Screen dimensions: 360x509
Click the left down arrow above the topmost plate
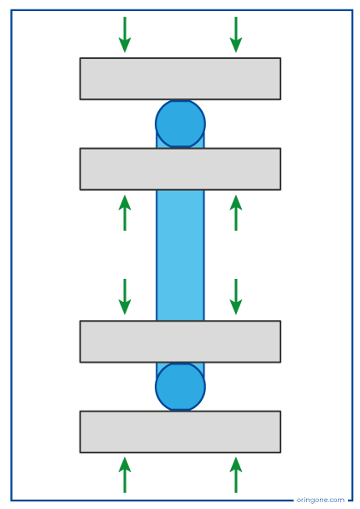pos(125,34)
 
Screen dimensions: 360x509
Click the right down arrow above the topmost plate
pos(236,34)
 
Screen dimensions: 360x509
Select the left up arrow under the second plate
pos(125,213)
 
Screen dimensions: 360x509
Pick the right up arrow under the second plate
pos(236,213)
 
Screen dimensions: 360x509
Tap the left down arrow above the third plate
pos(125,297)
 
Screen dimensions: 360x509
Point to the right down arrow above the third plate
pos(236,297)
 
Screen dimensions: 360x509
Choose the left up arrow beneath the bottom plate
pos(125,475)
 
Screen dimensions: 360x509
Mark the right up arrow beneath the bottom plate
pos(236,475)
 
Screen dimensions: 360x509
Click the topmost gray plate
pos(180,79)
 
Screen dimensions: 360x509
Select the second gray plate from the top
pos(180,169)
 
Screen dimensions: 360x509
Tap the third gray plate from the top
pos(180,341)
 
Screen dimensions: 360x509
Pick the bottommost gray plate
pos(180,432)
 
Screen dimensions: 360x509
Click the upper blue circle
pos(180,124)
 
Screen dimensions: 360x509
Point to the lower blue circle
pos(180,387)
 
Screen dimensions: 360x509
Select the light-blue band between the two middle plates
pos(180,255)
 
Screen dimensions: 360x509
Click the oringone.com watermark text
pos(321,500)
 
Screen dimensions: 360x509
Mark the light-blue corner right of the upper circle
pos(202,142)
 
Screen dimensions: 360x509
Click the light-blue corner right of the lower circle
pos(202,369)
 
